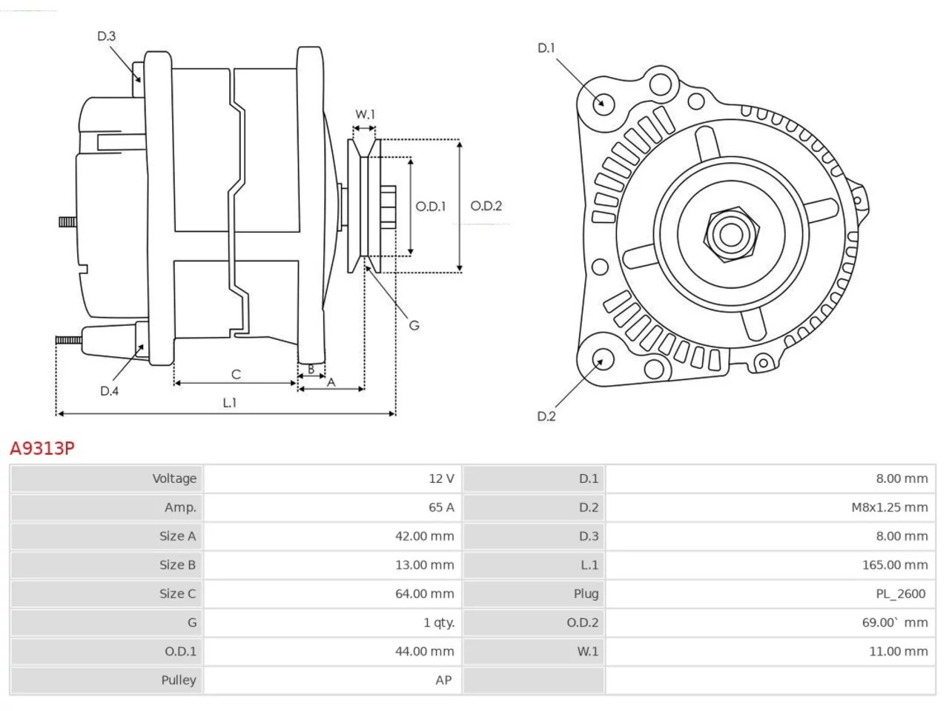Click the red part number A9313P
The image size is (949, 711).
pos(42,449)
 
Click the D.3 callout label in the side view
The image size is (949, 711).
pos(106,36)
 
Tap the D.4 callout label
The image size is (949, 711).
pos(109,391)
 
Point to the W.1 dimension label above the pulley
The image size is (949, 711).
pos(365,114)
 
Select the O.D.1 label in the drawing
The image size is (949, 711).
pos(430,207)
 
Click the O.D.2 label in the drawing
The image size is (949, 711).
pos(486,206)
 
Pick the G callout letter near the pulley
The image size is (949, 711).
pos(414,325)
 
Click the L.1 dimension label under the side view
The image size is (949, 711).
pos(230,403)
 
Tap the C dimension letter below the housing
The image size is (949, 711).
pos(236,374)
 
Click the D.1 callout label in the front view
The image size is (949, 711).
pos(546,48)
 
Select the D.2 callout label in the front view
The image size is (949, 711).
pos(546,416)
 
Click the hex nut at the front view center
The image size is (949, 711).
pos(732,235)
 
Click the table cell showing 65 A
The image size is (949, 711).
pos(441,507)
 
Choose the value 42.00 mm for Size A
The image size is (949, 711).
pos(424,536)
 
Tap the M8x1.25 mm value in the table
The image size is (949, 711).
pos(890,507)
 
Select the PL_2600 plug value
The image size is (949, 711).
pos(901,594)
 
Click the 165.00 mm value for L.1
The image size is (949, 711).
pos(895,565)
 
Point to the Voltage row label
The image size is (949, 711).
pos(174,478)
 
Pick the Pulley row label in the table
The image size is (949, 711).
pos(179,681)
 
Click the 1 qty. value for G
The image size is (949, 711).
pos(439,623)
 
